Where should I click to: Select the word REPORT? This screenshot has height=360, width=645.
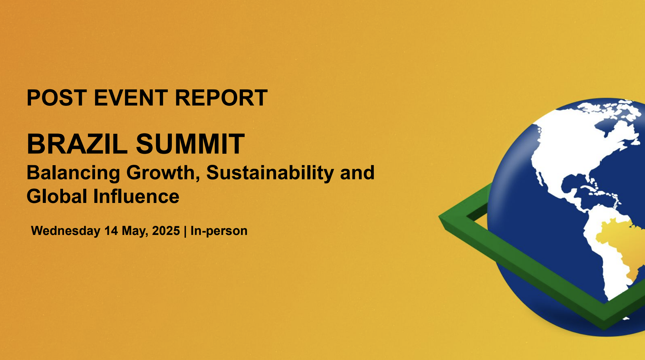221,98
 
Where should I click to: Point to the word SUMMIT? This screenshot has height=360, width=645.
190,144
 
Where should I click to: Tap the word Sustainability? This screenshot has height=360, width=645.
270,173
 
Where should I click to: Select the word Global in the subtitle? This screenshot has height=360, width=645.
57,197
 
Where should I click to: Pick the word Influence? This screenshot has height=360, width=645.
136,197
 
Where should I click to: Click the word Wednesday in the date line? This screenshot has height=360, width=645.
66,231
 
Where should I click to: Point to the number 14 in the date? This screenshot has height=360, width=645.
111,231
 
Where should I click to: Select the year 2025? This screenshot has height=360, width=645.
166,231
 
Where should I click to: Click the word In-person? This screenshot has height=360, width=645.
219,231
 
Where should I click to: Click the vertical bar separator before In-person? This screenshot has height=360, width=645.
185,231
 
